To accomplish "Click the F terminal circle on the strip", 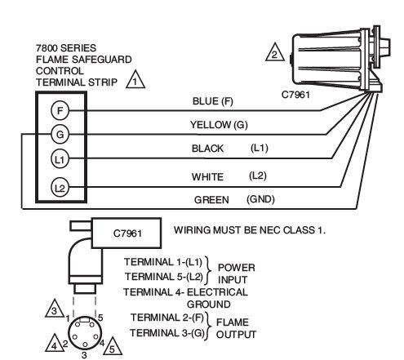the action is pos(60,110).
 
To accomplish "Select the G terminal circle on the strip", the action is pos(60,134).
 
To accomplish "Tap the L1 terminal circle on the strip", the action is pos(60,158).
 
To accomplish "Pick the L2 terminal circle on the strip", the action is pos(60,187).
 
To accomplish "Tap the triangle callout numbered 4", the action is pos(55,345).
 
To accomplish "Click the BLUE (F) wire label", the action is pos(213,101).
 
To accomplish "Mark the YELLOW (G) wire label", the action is pos(219,125).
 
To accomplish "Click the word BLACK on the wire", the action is pos(207,149).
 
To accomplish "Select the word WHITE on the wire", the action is pos(207,177).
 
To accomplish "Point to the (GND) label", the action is pos(260,199).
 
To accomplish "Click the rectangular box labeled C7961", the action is pos(127,233).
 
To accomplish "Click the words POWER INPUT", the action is pos(237,273).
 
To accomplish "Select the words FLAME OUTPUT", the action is pos(236,328).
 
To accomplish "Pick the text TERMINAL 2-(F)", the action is pos(167,318).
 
